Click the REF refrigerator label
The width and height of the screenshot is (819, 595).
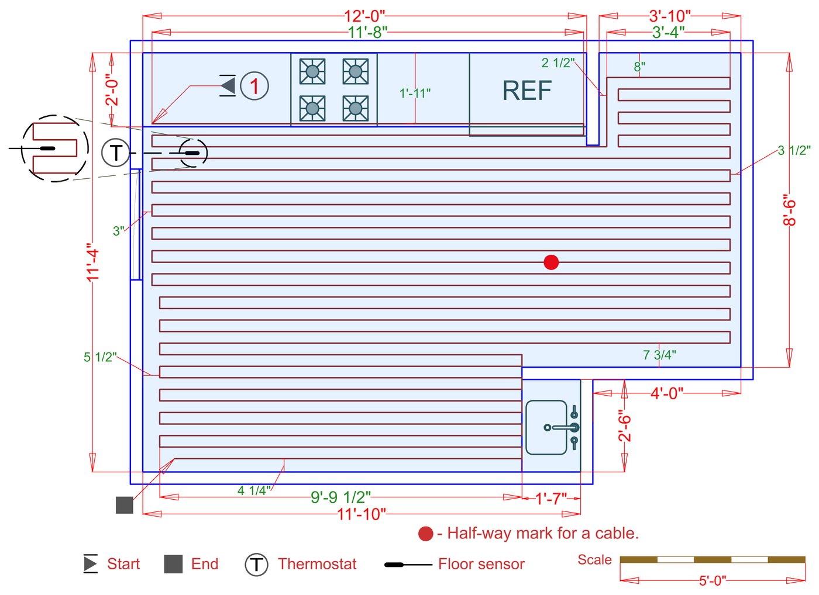click(x=526, y=91)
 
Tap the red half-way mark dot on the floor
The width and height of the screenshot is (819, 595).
click(x=551, y=262)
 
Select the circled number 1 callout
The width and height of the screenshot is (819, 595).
click(x=254, y=86)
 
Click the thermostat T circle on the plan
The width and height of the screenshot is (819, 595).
click(x=116, y=153)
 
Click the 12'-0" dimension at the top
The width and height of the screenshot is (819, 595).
click(x=364, y=16)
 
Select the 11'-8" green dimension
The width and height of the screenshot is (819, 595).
click(x=367, y=33)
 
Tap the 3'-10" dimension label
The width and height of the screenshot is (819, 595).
click(x=670, y=16)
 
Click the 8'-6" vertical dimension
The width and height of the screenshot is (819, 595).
click(x=790, y=211)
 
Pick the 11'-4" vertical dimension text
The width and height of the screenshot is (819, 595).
click(x=93, y=262)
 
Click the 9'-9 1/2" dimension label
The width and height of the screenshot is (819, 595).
click(x=340, y=497)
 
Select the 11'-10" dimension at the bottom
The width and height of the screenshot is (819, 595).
click(x=362, y=514)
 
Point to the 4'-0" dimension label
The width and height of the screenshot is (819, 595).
click(x=666, y=393)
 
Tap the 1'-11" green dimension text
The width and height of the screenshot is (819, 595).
click(x=415, y=94)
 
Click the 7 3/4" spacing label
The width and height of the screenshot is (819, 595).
click(x=659, y=355)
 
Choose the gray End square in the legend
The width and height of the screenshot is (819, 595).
click(x=173, y=564)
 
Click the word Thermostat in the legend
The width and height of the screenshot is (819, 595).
click(x=316, y=564)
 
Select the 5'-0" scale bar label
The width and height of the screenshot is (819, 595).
click(x=713, y=580)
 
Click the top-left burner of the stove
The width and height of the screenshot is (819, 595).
click(x=312, y=71)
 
